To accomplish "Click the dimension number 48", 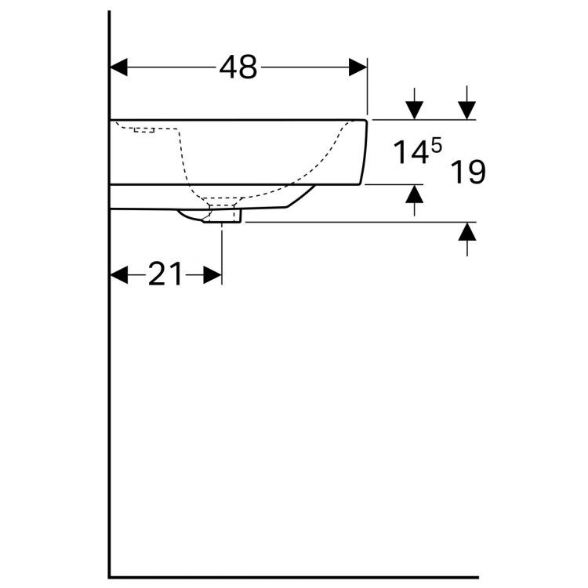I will tap(238, 68).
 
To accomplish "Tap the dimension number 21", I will tap(165, 275).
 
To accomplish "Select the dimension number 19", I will tap(468, 172).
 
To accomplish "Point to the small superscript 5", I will tap(436, 144).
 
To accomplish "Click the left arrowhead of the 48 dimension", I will tap(118, 67).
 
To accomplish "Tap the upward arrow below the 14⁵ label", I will tap(414, 199).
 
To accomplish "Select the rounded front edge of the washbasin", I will tap(364, 153).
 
